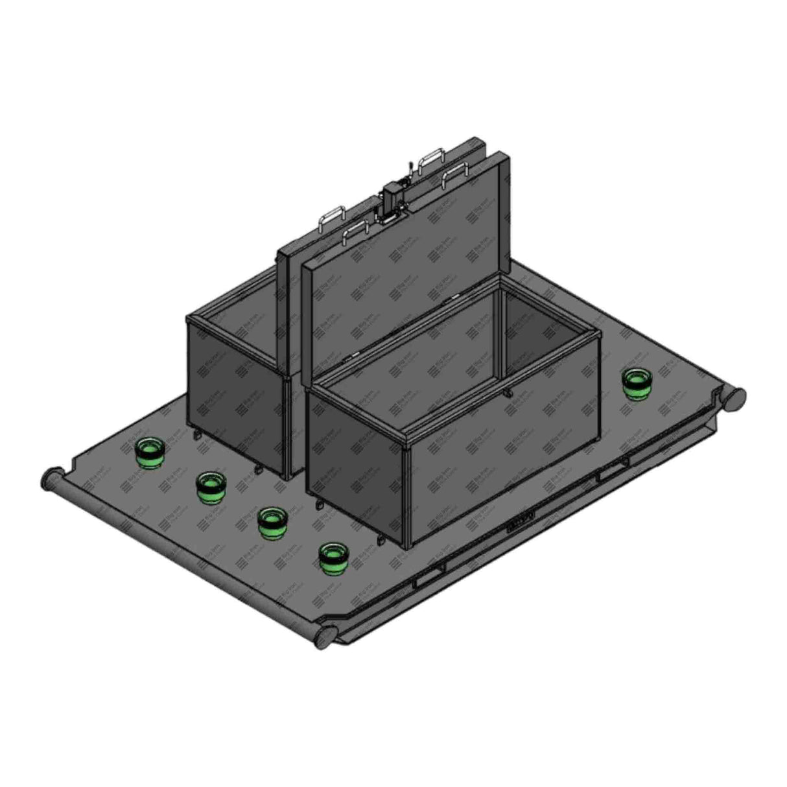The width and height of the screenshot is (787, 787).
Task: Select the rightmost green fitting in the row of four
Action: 334,558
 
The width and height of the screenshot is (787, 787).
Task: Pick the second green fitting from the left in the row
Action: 211,487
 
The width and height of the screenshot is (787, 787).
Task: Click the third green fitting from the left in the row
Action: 272,522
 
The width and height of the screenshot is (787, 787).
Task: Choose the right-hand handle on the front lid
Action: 456,177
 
